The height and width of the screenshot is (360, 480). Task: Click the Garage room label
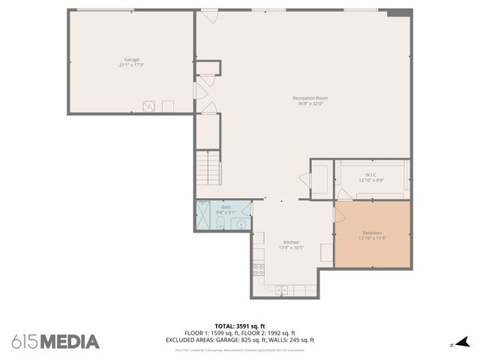[131, 59]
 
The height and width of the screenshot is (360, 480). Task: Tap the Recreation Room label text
[310, 98]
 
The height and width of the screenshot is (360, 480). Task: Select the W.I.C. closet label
[370, 175]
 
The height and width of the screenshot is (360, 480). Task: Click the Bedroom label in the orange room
[372, 232]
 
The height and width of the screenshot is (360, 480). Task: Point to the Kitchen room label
[291, 242]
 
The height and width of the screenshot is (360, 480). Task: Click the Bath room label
[225, 207]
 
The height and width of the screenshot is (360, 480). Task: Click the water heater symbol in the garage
[149, 106]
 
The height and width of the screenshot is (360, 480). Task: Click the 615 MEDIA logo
[55, 341]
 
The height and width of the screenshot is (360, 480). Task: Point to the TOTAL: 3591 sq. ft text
[239, 325]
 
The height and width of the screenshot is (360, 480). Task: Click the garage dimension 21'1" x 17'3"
[131, 65]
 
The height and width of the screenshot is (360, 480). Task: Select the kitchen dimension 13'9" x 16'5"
[291, 248]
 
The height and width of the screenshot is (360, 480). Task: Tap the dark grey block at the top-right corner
[399, 12]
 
